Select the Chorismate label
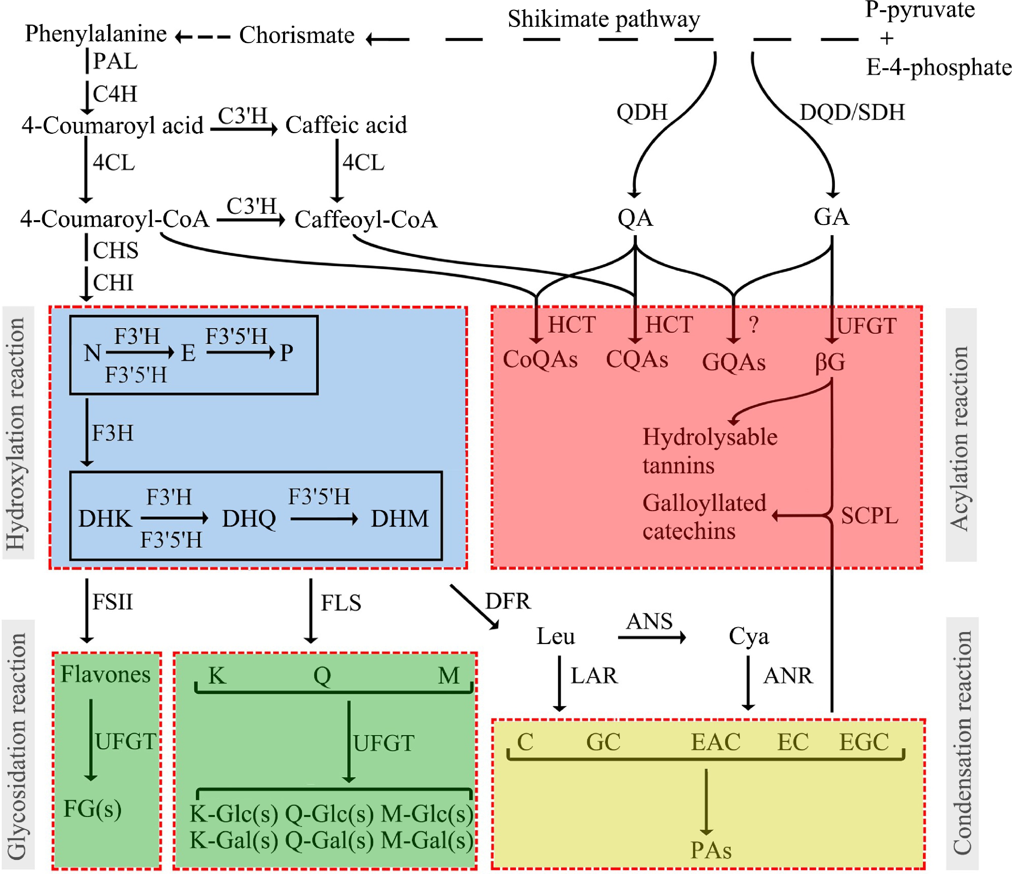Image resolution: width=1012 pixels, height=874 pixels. pyautogui.click(x=297, y=35)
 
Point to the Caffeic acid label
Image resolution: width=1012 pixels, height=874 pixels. pyautogui.click(x=346, y=125)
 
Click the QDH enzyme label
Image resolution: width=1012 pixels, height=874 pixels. pyautogui.click(x=641, y=112)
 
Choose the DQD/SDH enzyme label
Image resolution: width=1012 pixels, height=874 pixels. pyautogui.click(x=852, y=112)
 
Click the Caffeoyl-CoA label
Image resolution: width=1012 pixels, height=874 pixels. pyautogui.click(x=366, y=219)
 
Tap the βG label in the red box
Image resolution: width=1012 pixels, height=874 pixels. pyautogui.click(x=830, y=362)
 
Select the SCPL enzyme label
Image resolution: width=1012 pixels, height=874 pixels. pyautogui.click(x=869, y=516)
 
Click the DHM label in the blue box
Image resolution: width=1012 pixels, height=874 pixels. pyautogui.click(x=399, y=519)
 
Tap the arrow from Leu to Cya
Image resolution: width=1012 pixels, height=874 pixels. pyautogui.click(x=651, y=637)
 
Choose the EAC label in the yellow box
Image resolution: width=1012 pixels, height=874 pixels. pyautogui.click(x=715, y=742)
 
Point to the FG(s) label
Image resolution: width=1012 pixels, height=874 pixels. pyautogui.click(x=92, y=809)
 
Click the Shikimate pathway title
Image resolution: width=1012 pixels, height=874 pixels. pyautogui.click(x=604, y=19)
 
